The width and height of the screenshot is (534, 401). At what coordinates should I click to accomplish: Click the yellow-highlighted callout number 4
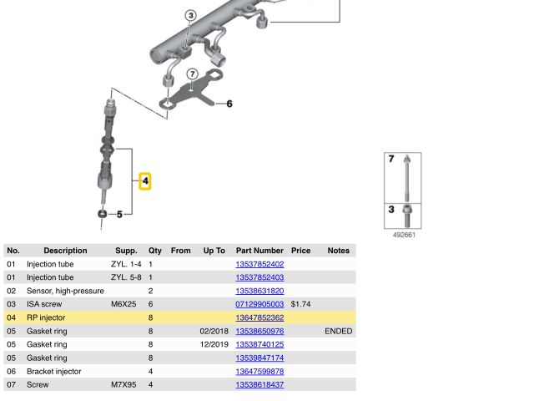145,181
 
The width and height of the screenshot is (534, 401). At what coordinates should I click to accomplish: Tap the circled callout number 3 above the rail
191,15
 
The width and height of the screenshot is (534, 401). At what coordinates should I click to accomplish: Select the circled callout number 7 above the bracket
193,74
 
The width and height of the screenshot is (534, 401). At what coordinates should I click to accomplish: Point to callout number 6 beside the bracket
229,104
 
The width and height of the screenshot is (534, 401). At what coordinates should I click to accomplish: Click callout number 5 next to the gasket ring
119,214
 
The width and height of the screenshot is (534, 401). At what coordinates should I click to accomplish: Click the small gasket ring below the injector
102,214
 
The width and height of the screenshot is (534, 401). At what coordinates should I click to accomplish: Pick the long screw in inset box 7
406,178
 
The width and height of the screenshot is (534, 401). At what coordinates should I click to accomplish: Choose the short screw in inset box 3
407,216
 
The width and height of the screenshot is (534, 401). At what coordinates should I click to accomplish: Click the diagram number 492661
404,235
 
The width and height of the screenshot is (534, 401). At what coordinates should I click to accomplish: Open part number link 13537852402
259,264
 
